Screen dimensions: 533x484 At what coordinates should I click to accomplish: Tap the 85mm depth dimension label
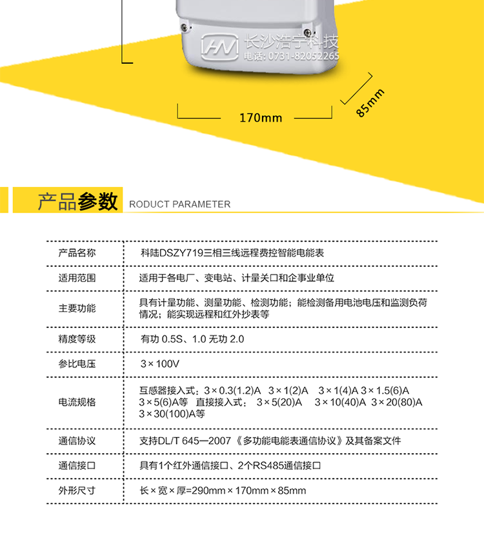[x=370, y=102]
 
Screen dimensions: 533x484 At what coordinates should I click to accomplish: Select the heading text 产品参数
[x=77, y=201]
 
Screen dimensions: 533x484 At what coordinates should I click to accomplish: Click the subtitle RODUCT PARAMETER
[x=179, y=204]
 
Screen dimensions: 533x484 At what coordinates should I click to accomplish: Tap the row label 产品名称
[x=77, y=253]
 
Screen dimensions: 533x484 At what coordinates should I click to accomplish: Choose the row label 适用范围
[x=77, y=278]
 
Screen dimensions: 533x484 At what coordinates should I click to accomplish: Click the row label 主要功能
[x=77, y=308]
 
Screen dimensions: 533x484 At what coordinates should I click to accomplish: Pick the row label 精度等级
[x=77, y=339]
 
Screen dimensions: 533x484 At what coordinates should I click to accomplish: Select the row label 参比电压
[x=77, y=364]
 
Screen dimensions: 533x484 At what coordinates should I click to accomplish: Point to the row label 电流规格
[x=77, y=402]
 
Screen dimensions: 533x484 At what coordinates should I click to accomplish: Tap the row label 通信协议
[x=77, y=441]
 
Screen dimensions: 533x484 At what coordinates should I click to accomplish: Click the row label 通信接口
[x=77, y=465]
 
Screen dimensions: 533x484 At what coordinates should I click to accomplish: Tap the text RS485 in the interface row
[x=264, y=465]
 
